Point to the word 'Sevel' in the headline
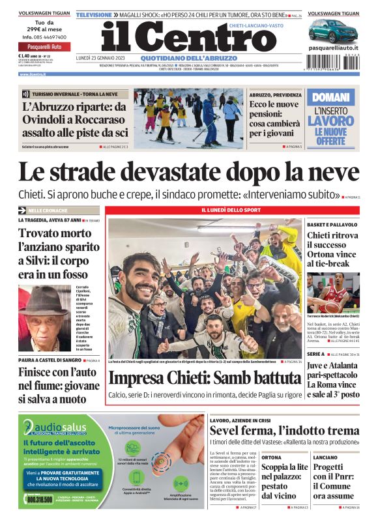[x=229, y=430]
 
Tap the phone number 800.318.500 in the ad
[x=40, y=499]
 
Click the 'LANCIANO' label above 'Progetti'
[x=325, y=457]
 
